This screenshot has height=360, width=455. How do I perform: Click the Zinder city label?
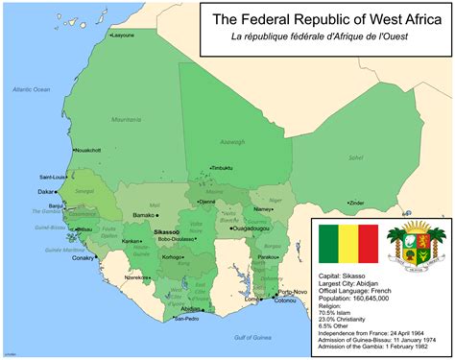pos(356,203)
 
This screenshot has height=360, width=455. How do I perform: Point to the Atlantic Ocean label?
pos(31,89)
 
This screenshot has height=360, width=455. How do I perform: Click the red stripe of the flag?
pos(366,247)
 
